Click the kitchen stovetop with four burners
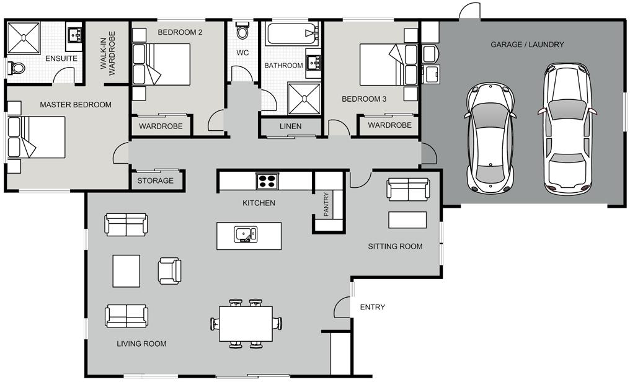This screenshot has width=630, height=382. click(x=267, y=180)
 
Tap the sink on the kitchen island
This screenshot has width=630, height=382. click(x=246, y=234)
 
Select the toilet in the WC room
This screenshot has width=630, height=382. click(x=242, y=31)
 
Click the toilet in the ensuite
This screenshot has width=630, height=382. click(x=16, y=68)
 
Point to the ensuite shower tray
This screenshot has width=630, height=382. click(x=24, y=38)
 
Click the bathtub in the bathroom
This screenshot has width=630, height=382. click(x=292, y=34)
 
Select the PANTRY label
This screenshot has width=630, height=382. click(x=326, y=204)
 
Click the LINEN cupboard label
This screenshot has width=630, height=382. click(x=290, y=126)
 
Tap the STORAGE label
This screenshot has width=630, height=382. click(x=156, y=180)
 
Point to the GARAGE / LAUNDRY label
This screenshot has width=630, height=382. click(x=527, y=45)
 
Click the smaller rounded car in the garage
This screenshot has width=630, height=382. click(x=490, y=138)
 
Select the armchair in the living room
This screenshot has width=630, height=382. click(x=169, y=271)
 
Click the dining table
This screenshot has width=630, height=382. click(x=246, y=324)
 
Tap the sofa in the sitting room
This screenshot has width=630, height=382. click(x=408, y=189)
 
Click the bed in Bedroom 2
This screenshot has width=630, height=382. click(x=161, y=64)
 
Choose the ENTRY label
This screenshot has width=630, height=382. click(x=373, y=308)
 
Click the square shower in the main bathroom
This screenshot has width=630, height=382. click(x=304, y=99)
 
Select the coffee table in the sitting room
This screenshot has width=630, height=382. click(x=407, y=220)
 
